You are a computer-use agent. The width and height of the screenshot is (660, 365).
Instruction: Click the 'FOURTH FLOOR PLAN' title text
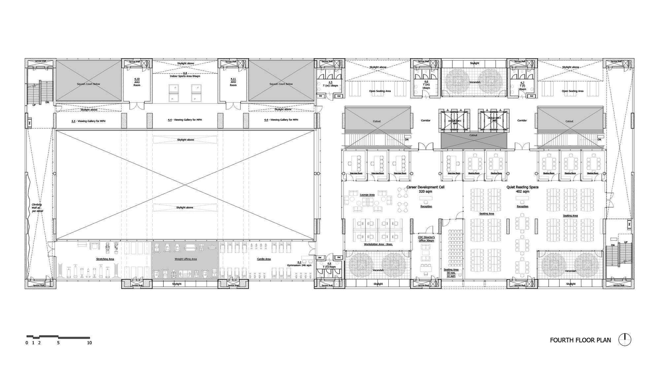pyautogui.click(x=580, y=340)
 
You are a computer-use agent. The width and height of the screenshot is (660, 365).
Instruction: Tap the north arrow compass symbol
pyautogui.click(x=625, y=340)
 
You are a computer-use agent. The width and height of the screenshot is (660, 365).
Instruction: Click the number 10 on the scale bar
pyautogui.click(x=89, y=343)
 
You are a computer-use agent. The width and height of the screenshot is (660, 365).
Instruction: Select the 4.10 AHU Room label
pyautogui.click(x=137, y=82)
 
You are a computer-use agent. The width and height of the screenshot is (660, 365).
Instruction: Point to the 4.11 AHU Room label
pyautogui.click(x=233, y=82)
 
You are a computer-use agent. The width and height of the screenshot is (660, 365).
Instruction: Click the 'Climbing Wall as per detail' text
pyautogui.click(x=37, y=208)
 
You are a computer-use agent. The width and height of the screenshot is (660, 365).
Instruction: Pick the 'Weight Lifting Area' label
pyautogui.click(x=185, y=259)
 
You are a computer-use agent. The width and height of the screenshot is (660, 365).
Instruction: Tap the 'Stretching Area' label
pyautogui.click(x=105, y=259)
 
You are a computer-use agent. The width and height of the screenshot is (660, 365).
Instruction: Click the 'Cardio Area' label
pyautogui.click(x=264, y=259)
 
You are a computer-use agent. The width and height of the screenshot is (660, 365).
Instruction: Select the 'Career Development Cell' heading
pyautogui.click(x=425, y=187)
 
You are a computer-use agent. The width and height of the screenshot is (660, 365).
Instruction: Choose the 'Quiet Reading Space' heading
pyautogui.click(x=522, y=187)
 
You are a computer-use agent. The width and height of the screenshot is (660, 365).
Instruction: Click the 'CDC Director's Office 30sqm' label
pyautogui.click(x=426, y=239)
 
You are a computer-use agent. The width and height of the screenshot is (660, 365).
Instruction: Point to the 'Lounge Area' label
pyautogui.click(x=367, y=195)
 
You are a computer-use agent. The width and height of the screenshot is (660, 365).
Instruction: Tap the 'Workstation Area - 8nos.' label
pyautogui.click(x=378, y=244)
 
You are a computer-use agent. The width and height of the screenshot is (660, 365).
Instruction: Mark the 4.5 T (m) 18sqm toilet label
pyautogui.click(x=330, y=84)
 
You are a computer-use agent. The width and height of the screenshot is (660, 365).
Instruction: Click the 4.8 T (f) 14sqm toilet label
pyautogui.click(x=329, y=265)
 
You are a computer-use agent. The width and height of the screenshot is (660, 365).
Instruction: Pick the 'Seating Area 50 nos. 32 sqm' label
pyautogui.click(x=451, y=273)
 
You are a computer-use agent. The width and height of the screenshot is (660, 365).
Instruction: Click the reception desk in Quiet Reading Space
pyautogui.click(x=522, y=198)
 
